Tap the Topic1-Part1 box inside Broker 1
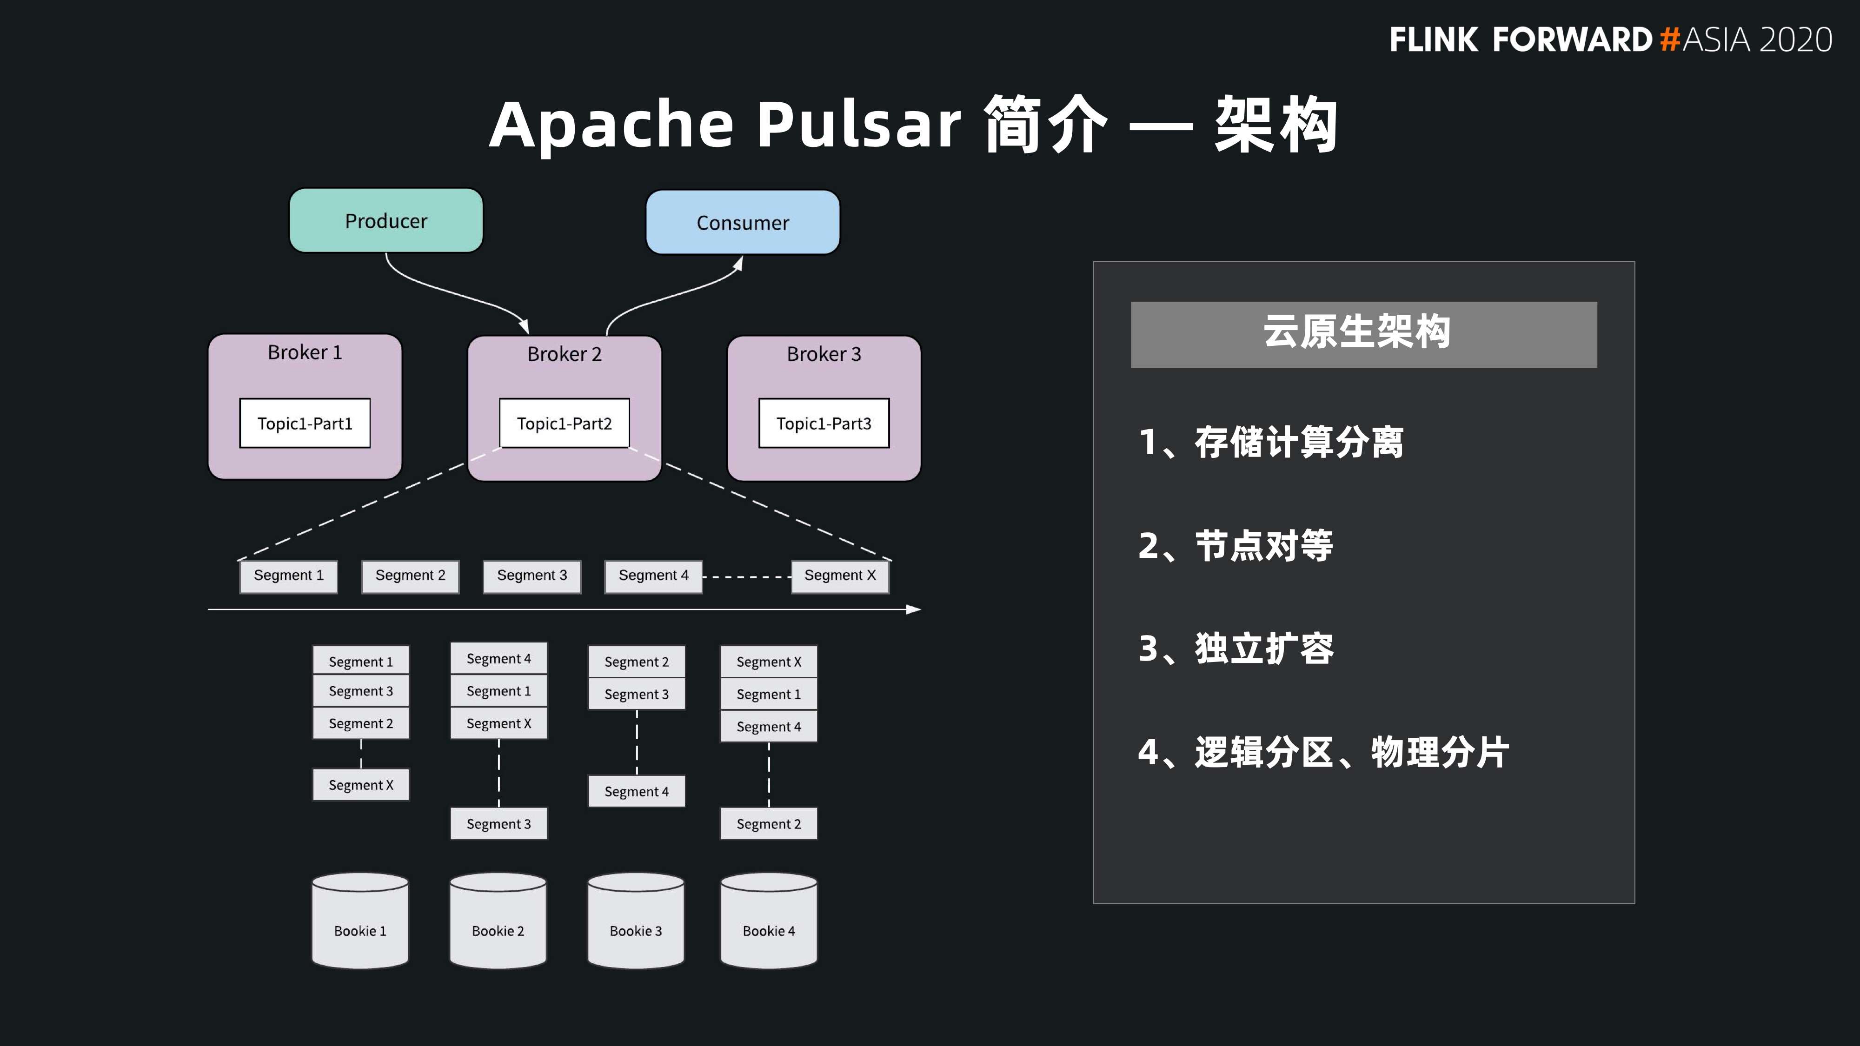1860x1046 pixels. [x=305, y=423]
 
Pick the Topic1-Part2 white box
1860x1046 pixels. [x=564, y=423]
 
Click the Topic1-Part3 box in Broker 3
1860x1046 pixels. [x=824, y=423]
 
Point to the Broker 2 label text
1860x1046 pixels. [x=564, y=354]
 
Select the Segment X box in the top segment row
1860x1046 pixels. [x=840, y=576]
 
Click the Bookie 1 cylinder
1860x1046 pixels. [x=360, y=920]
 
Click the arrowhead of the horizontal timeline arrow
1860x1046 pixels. [x=915, y=609]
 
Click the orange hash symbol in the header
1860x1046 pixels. [x=1669, y=40]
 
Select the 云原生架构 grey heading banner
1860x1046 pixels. [x=1363, y=334]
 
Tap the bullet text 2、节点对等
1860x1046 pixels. [x=1236, y=546]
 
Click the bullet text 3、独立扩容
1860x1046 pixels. [x=1236, y=648]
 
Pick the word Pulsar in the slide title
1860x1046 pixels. [x=858, y=124]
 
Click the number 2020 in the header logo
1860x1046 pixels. [x=1796, y=40]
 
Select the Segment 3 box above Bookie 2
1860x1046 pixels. [x=498, y=824]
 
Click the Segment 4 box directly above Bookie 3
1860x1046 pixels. [x=636, y=791]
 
